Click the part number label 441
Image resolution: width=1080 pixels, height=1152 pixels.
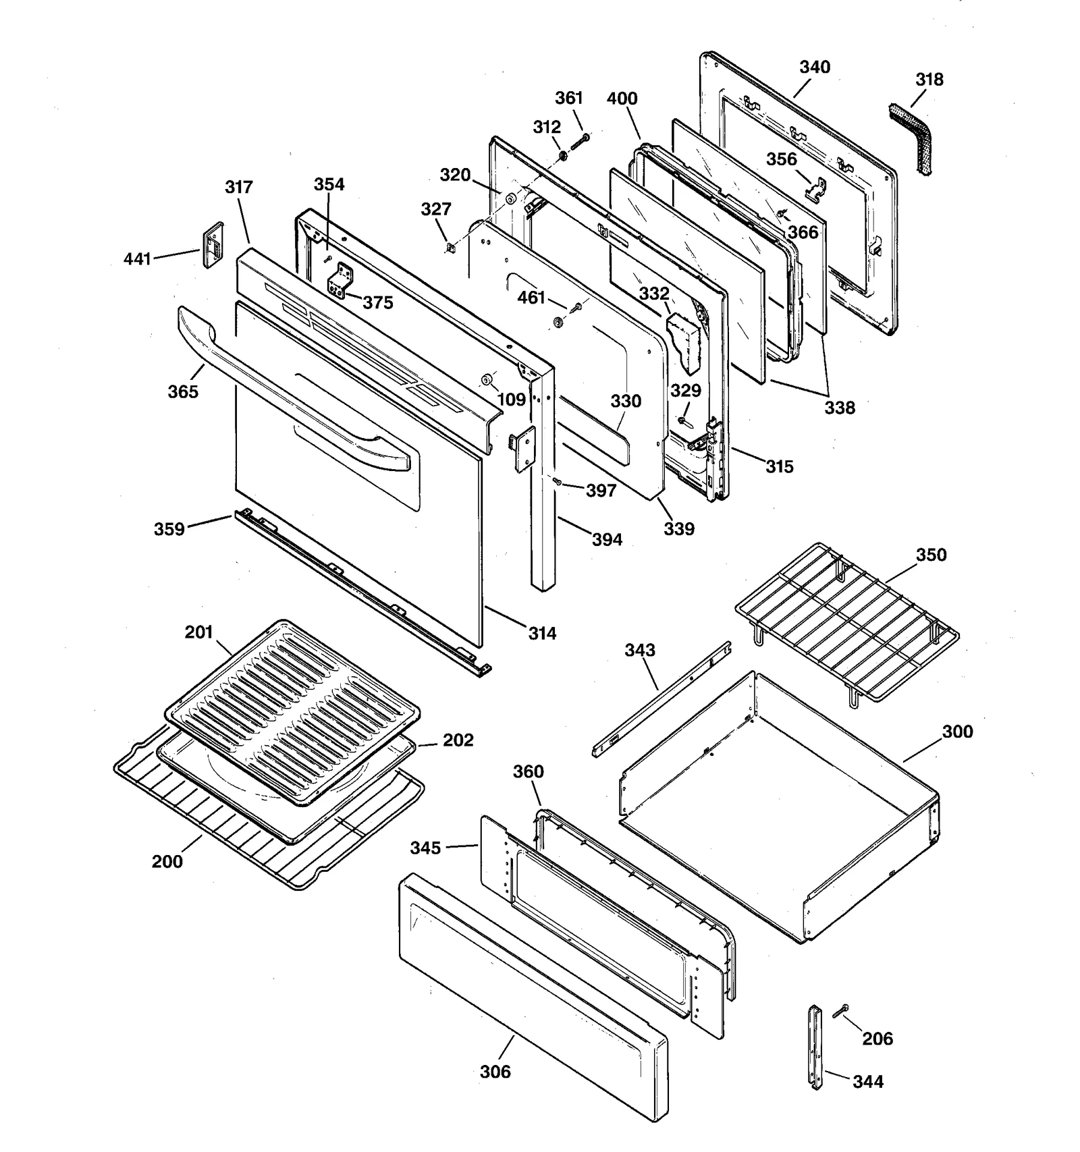137,258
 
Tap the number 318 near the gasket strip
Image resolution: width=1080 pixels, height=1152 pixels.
929,80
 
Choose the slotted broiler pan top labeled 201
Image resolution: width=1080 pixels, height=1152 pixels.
292,709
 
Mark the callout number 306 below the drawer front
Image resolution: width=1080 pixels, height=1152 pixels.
495,1072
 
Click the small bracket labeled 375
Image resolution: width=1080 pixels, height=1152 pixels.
339,281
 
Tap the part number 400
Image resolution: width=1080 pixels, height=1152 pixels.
622,99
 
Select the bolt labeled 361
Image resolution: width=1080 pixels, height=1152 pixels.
580,142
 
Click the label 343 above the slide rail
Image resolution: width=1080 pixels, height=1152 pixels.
639,650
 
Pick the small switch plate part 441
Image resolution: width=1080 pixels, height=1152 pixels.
213,246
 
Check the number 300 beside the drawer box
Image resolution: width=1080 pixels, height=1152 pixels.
956,732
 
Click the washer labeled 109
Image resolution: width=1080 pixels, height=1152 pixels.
487,379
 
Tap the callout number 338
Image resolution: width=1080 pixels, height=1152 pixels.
839,408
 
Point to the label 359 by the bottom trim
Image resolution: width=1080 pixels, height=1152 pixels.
169,529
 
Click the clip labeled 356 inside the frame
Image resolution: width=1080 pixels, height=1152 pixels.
816,190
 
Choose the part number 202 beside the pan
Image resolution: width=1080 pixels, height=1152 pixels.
458,740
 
